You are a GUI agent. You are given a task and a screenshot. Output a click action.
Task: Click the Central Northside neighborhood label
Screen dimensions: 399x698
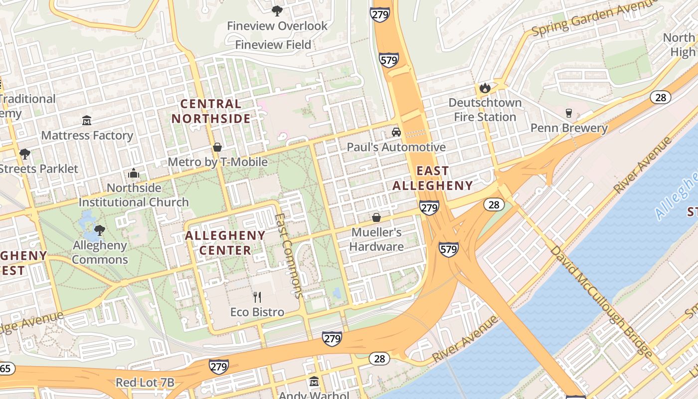(x=215, y=111)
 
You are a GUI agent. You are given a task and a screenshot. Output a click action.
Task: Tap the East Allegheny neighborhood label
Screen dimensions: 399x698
(x=432, y=178)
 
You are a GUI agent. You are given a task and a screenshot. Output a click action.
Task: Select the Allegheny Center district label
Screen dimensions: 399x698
(x=225, y=242)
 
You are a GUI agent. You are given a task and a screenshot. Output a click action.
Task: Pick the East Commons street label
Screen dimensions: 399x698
(x=289, y=255)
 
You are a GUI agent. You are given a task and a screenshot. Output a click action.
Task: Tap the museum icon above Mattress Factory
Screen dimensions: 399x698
(x=87, y=120)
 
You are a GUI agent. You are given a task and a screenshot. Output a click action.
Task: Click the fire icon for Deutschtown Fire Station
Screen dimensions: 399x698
(x=484, y=88)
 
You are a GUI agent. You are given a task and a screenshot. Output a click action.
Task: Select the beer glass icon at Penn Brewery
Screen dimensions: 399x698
(x=568, y=113)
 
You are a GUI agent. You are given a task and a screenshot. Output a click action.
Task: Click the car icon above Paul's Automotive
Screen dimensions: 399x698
(x=396, y=132)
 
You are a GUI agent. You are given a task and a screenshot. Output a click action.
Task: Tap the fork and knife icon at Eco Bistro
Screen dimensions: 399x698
(x=257, y=297)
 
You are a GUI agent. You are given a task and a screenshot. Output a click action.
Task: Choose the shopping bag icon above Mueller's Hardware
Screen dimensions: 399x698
(x=376, y=217)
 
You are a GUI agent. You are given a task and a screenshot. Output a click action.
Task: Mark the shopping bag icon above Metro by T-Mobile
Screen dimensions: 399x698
(x=217, y=147)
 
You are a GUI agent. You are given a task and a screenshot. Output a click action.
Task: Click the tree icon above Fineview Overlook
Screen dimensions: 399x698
(x=277, y=10)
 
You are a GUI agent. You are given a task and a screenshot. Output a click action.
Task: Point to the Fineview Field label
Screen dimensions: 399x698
(x=273, y=45)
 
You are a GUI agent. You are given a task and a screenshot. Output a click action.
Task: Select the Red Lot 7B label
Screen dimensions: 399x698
(x=145, y=383)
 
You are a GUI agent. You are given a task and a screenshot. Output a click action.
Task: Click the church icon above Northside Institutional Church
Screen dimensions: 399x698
(x=134, y=173)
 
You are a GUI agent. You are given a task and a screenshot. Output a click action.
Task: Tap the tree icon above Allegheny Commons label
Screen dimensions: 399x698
(x=100, y=230)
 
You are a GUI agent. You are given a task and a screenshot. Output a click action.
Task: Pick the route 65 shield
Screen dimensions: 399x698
(x=6, y=369)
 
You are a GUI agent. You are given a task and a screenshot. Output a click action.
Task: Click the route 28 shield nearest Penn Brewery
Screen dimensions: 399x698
(x=660, y=97)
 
